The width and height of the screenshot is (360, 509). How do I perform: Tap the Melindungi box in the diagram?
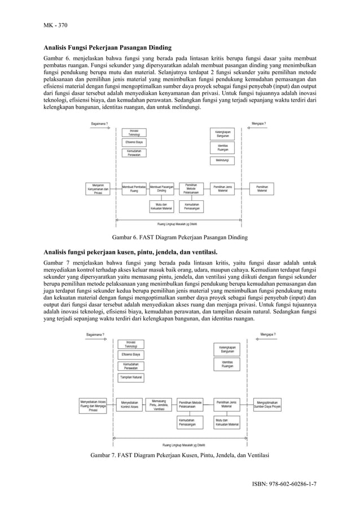coord(222,160)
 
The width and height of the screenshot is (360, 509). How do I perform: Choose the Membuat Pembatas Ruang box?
coord(134,188)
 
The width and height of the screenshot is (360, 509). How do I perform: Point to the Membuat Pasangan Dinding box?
coord(162,188)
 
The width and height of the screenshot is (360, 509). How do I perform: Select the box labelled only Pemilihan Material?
coord(262,188)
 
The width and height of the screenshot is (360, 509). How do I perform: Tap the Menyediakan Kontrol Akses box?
coord(129,405)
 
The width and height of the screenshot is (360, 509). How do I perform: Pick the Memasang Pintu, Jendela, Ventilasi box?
coord(159,405)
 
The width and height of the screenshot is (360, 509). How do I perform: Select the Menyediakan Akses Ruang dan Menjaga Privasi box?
coord(93,405)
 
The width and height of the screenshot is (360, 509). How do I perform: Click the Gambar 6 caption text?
coord(179,237)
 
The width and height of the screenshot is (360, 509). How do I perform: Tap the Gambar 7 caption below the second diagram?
coord(179,455)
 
